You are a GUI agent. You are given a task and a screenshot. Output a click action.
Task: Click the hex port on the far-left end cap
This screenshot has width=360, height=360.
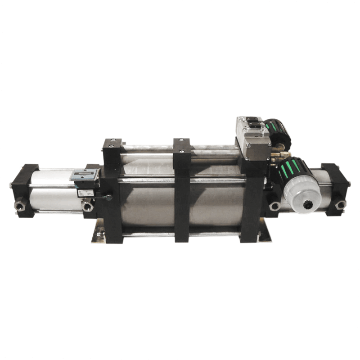tap(19, 206)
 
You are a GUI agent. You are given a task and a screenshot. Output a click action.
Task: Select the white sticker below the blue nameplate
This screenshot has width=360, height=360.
tap(85, 193)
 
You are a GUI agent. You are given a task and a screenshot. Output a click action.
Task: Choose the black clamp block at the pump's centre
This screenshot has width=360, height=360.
tap(182, 189)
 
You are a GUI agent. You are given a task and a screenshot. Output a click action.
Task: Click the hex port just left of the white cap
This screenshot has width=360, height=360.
tap(274, 206)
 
